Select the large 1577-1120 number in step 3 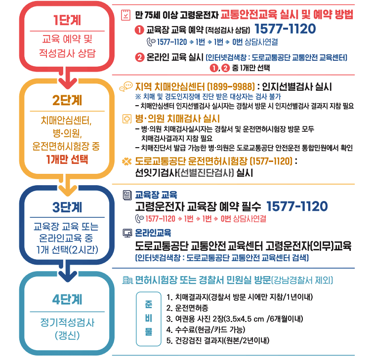(297, 206)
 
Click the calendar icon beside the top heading (126, 14)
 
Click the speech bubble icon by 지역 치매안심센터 (125, 86)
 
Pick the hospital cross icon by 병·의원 (126, 119)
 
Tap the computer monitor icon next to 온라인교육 (126, 232)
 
